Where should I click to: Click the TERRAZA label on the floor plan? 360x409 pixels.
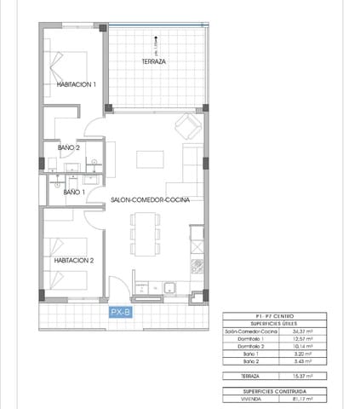coord(153,62)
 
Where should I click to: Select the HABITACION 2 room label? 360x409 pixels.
coord(73,261)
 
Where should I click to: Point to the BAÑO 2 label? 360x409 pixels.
coord(68,147)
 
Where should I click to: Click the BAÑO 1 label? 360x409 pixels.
coord(72,193)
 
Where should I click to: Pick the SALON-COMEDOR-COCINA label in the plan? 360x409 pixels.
coord(150,199)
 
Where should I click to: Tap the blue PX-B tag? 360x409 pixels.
coord(121,314)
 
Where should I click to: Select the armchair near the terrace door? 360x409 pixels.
coord(187,127)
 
